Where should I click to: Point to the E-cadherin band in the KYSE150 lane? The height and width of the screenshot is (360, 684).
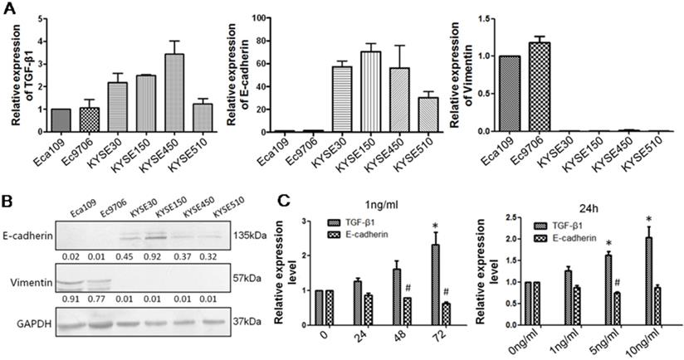(x=148, y=236)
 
